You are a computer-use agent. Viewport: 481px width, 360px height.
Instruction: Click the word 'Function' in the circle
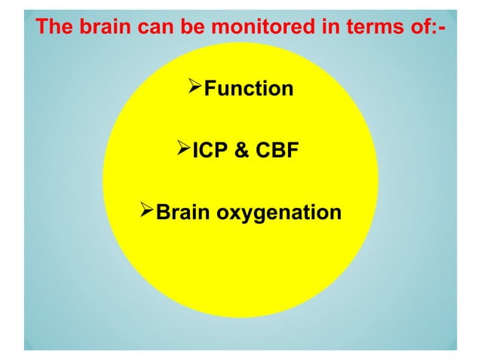[249, 90]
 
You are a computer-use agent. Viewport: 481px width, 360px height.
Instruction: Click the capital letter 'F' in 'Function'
[211, 90]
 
